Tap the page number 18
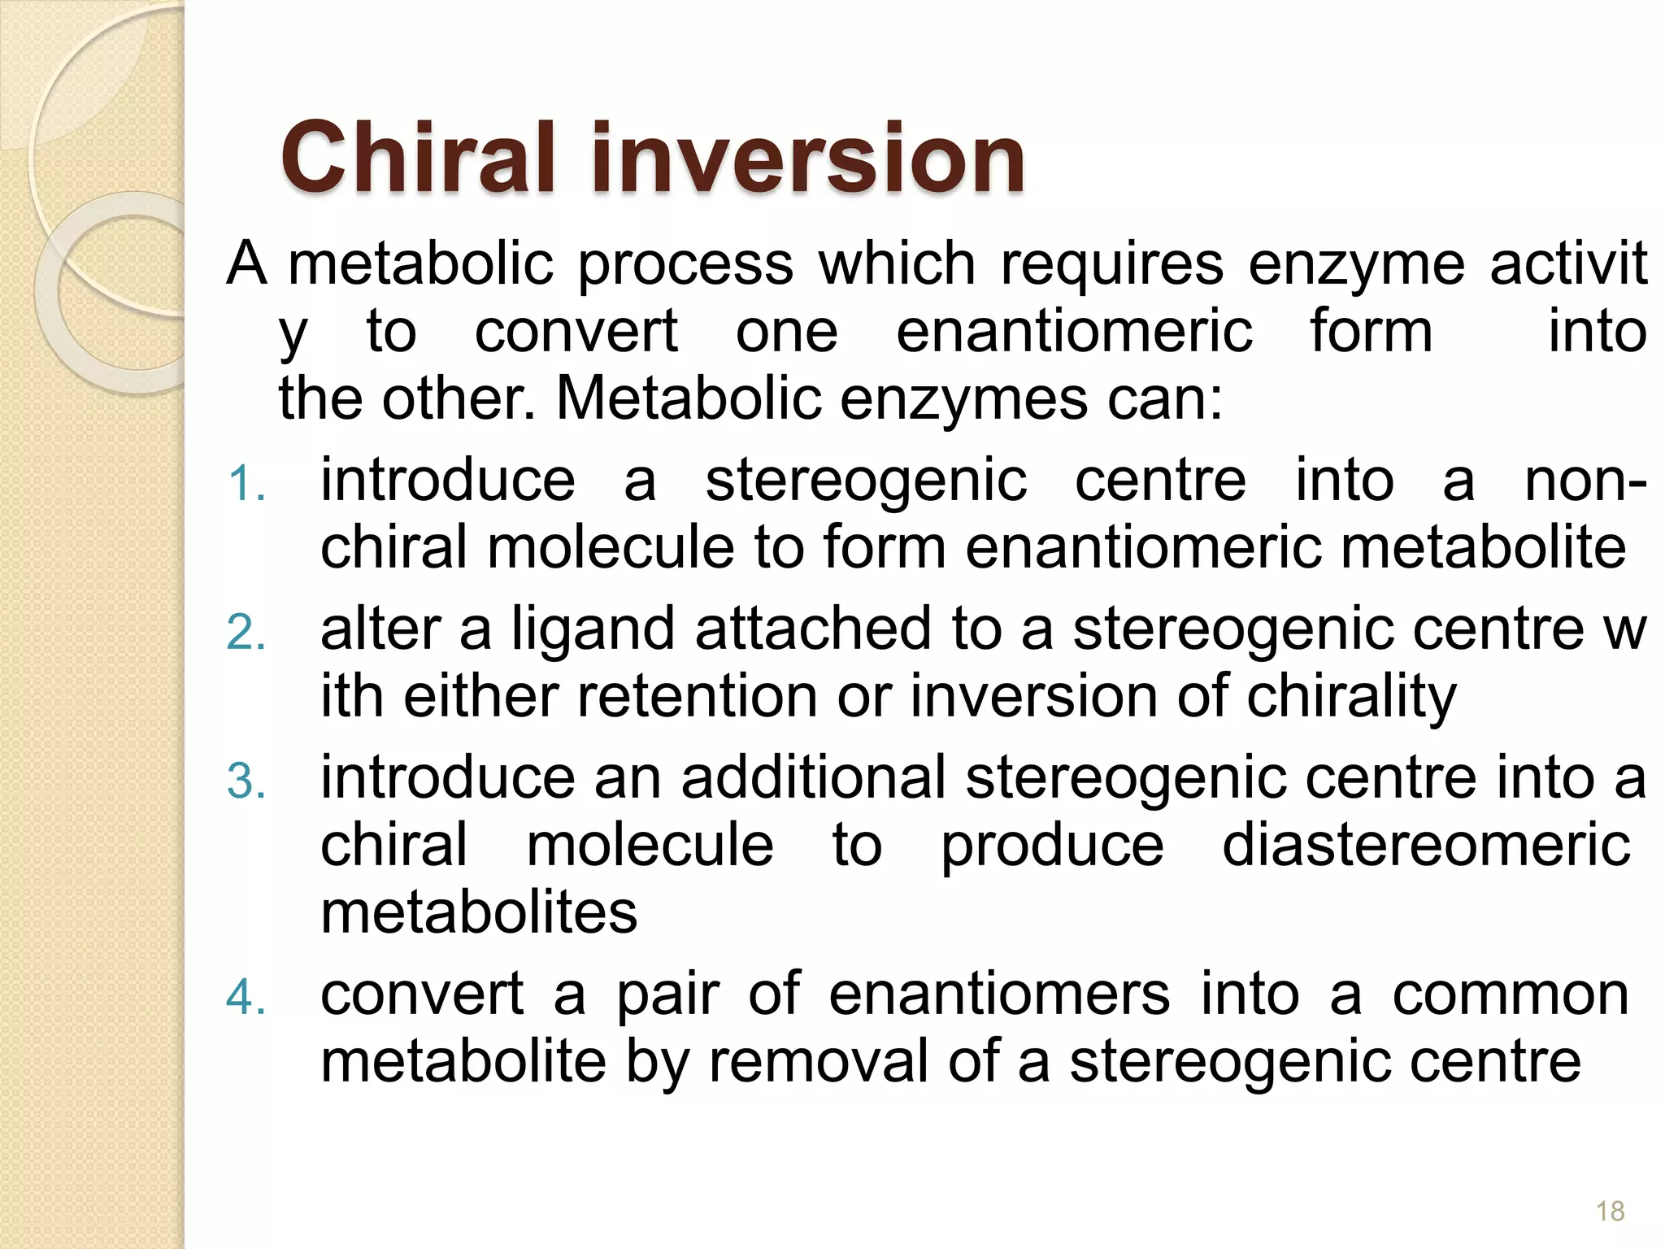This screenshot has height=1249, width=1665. [x=1610, y=1211]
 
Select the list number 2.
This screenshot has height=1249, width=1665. [x=246, y=633]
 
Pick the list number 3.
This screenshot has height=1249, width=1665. [x=246, y=781]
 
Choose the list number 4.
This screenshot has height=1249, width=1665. [x=246, y=998]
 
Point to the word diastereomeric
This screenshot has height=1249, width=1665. [x=1426, y=845]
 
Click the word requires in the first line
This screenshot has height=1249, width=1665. [x=1111, y=264]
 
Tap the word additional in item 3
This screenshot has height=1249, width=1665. [x=814, y=777]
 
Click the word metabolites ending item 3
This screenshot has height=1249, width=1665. [x=479, y=912]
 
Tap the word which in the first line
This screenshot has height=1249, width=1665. [x=897, y=264]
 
